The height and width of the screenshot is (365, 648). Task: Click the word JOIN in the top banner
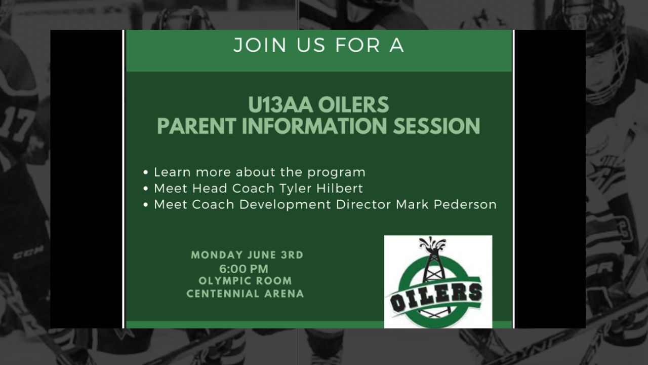click(x=260, y=46)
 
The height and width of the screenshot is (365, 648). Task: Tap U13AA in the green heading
click(x=280, y=104)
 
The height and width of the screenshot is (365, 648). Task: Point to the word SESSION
click(x=436, y=126)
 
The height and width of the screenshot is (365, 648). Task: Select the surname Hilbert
click(x=340, y=188)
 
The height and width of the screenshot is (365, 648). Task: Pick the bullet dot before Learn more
click(x=146, y=173)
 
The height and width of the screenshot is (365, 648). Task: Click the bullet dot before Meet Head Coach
click(x=146, y=189)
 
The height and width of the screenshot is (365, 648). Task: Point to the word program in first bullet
click(x=337, y=173)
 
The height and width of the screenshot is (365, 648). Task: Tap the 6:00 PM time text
click(x=244, y=269)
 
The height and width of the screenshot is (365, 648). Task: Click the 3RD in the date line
click(x=292, y=255)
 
